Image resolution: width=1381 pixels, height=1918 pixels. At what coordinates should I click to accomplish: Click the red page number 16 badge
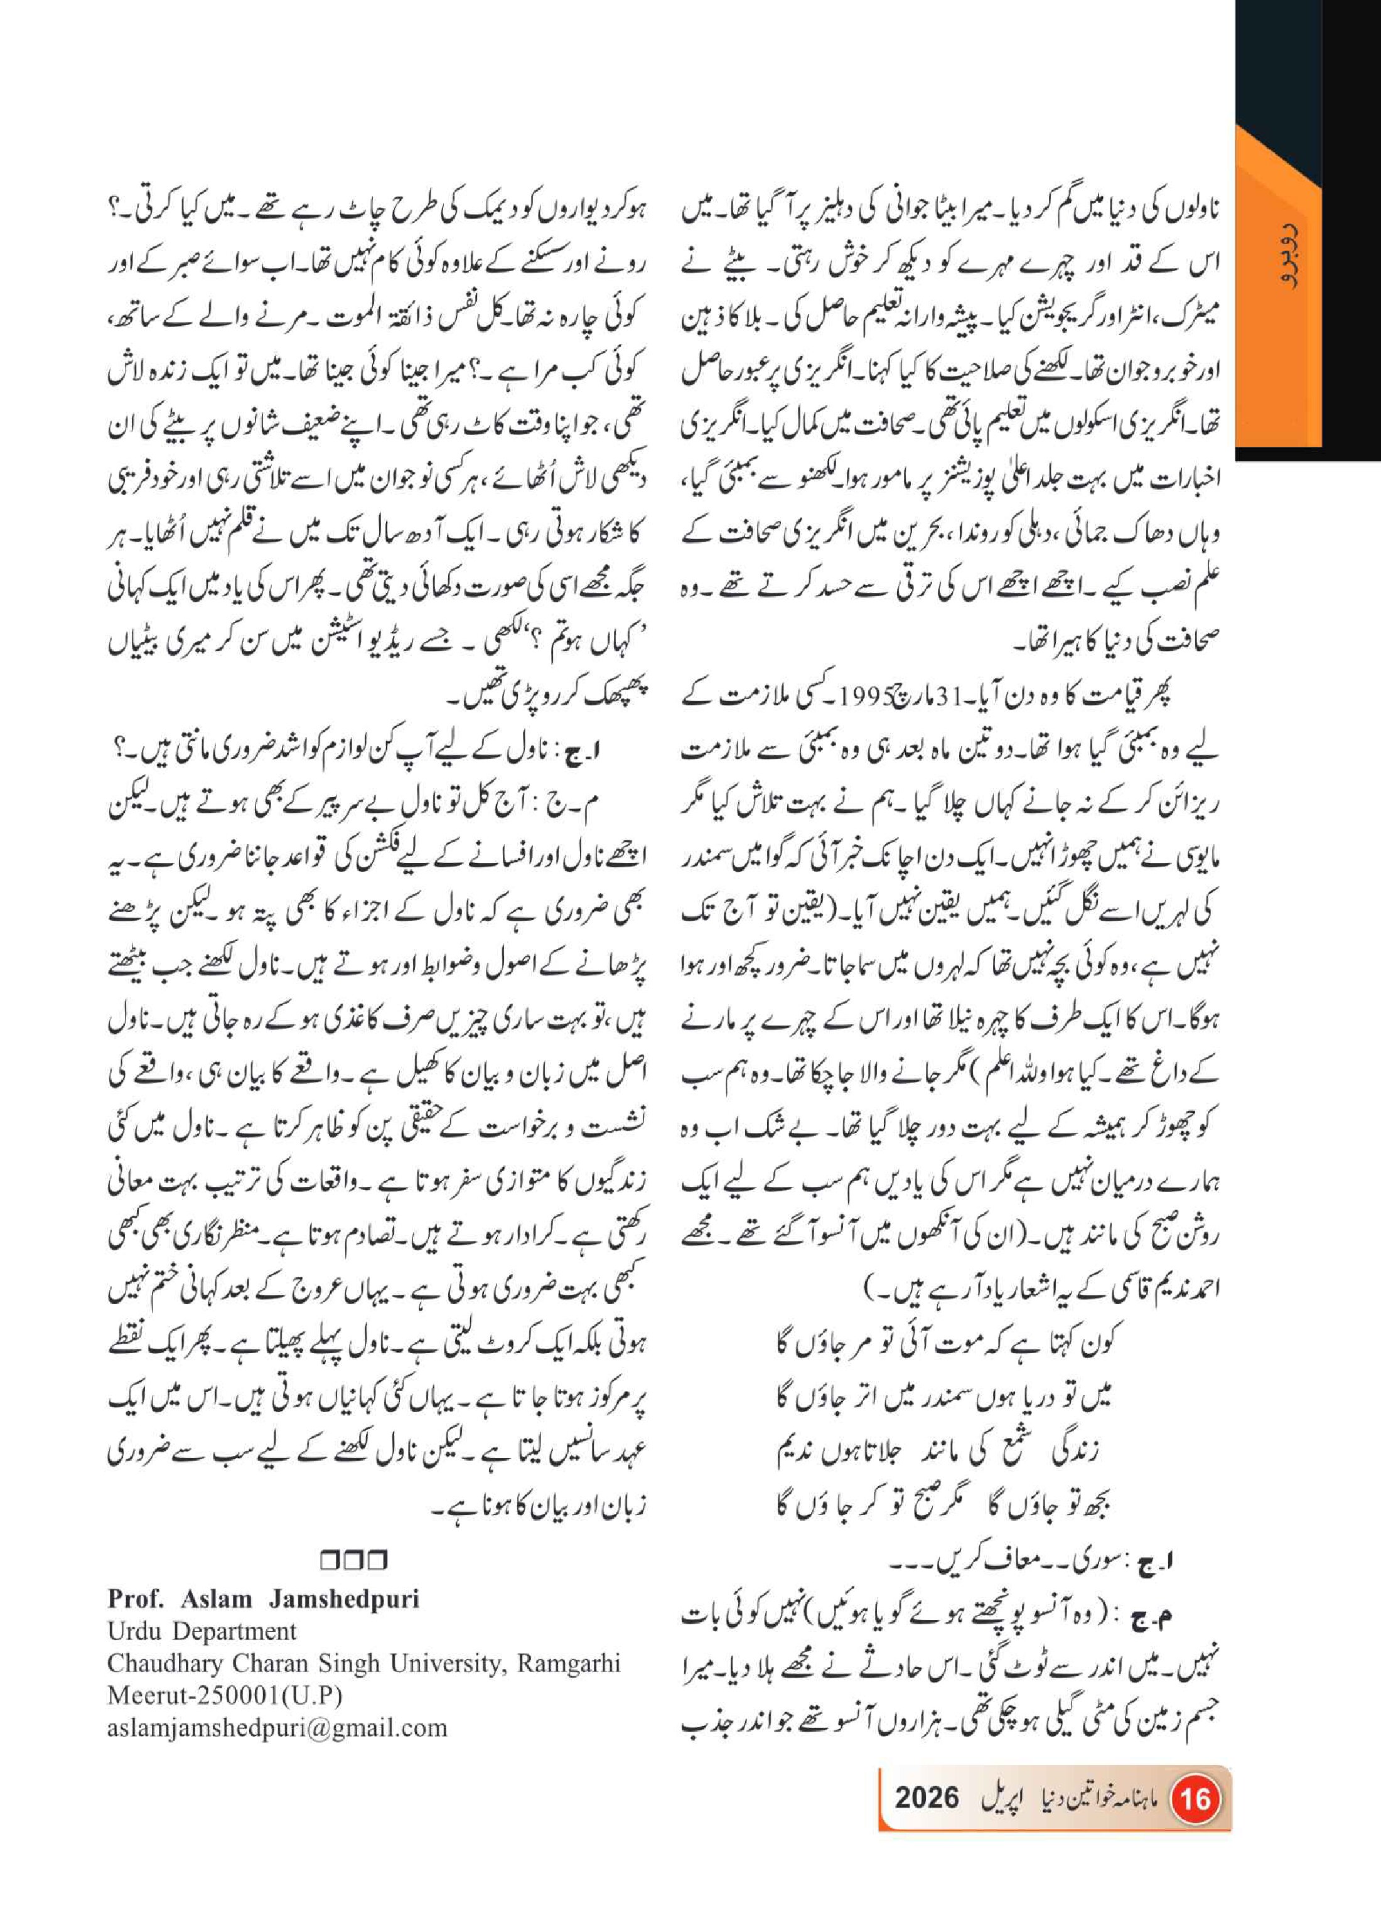click(1195, 1797)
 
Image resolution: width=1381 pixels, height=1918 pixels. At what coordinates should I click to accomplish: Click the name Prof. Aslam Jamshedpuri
click(263, 1599)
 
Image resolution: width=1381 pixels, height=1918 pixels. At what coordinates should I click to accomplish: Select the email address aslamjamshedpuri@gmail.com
click(277, 1728)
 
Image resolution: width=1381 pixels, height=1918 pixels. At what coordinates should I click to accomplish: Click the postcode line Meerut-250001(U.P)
click(224, 1696)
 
